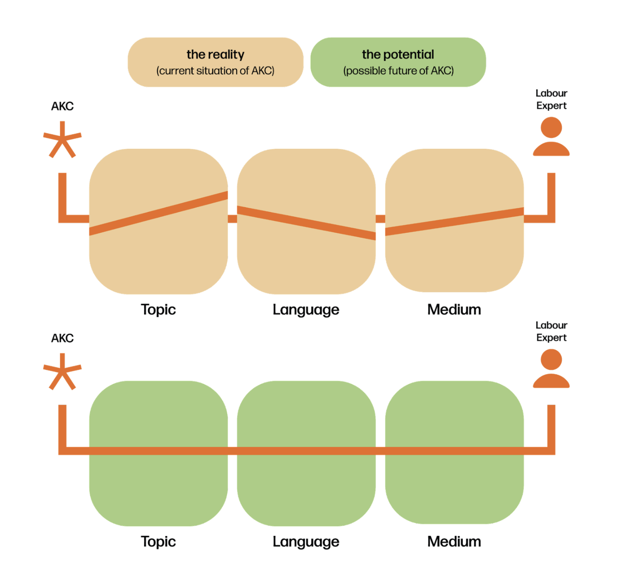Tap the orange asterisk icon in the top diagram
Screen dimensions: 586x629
pyautogui.click(x=62, y=140)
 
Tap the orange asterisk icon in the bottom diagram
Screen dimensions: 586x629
pyautogui.click(x=62, y=372)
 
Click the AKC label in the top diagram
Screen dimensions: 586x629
pyautogui.click(x=62, y=106)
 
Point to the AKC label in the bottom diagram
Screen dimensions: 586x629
pyautogui.click(x=62, y=338)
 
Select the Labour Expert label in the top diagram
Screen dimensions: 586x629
pyautogui.click(x=551, y=99)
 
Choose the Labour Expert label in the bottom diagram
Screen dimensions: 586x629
pyautogui.click(x=551, y=331)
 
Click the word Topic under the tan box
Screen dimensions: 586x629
pyautogui.click(x=158, y=309)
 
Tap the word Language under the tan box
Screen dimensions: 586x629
pyautogui.click(x=306, y=310)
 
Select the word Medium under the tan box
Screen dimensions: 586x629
pyautogui.click(x=454, y=309)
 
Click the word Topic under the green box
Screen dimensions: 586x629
pyautogui.click(x=158, y=542)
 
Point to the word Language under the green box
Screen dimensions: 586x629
pyautogui.click(x=306, y=542)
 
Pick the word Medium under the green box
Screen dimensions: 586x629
pyautogui.click(x=454, y=542)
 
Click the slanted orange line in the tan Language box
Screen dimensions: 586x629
pyautogui.click(x=306, y=223)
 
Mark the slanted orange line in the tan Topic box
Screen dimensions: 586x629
pyautogui.click(x=158, y=213)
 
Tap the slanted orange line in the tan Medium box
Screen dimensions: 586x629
pyautogui.click(x=454, y=221)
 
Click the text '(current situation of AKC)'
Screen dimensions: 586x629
pyautogui.click(x=215, y=71)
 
